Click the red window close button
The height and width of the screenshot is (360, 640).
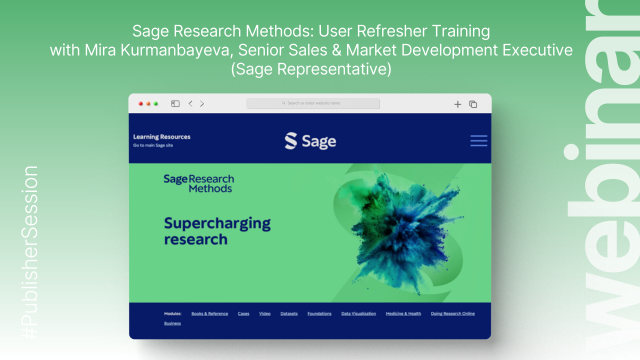pos(140,103)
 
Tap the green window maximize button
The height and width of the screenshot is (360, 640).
pos(156,103)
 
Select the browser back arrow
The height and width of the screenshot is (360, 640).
pos(190,103)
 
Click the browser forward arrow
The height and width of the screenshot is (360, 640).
pos(202,103)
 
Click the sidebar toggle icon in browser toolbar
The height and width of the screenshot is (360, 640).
pos(175,103)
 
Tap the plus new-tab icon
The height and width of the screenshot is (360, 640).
pos(457,104)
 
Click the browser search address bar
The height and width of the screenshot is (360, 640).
pos(313,103)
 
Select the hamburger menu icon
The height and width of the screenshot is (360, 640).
pos(478,140)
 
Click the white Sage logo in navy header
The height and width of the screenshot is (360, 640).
pos(310,141)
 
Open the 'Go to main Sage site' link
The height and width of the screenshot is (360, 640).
pos(153,145)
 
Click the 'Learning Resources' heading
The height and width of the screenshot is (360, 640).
pos(161,136)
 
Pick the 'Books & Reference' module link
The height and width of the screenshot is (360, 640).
pos(209,314)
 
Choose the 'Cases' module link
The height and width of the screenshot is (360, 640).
pos(243,314)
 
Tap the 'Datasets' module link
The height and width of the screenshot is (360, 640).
pos(289,314)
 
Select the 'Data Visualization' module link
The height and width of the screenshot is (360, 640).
pos(358,314)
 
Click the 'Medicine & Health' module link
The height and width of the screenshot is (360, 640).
pos(403,314)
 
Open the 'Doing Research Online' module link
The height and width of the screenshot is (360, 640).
pos(452,314)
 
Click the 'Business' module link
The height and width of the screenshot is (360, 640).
pos(172,323)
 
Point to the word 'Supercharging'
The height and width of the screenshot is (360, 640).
pos(217,223)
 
